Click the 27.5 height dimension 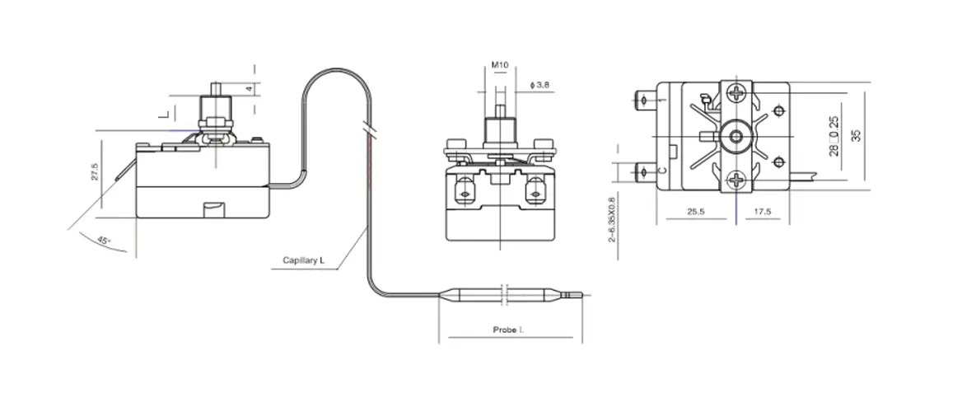pyautogui.click(x=95, y=171)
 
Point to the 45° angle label pyautogui.click(x=104, y=240)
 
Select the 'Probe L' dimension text pyautogui.click(x=508, y=330)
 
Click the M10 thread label pyautogui.click(x=500, y=64)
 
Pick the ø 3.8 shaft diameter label pyautogui.click(x=541, y=84)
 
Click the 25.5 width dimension pyautogui.click(x=697, y=212)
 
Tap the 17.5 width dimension pyautogui.click(x=763, y=212)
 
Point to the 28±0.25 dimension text pyautogui.click(x=834, y=135)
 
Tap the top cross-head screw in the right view pyautogui.click(x=735, y=95)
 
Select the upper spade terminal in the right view pyautogui.click(x=646, y=103)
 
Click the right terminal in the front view pyautogui.click(x=535, y=195)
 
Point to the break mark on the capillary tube pyautogui.click(x=367, y=129)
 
